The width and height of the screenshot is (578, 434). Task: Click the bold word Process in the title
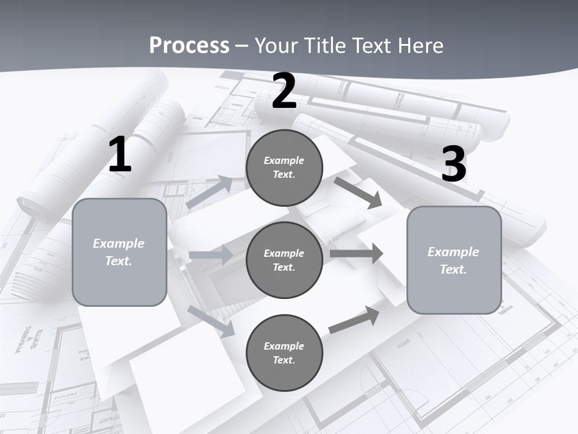pos(189,46)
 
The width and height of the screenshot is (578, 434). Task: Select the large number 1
pos(120,155)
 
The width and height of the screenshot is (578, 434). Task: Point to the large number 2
pos(284,92)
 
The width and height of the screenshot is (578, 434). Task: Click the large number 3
pos(453,164)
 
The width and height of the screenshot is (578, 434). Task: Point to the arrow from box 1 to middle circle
pos(211,255)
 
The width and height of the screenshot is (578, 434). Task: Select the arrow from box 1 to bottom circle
pos(211,321)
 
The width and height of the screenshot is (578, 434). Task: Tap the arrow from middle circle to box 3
pos(356,253)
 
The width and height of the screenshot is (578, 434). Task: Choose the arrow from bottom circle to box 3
pos(355,319)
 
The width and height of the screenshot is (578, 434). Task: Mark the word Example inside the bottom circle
pos(284,346)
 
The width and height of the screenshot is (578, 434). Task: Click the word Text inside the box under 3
pos(453,269)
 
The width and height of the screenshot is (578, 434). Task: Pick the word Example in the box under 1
pos(119,244)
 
